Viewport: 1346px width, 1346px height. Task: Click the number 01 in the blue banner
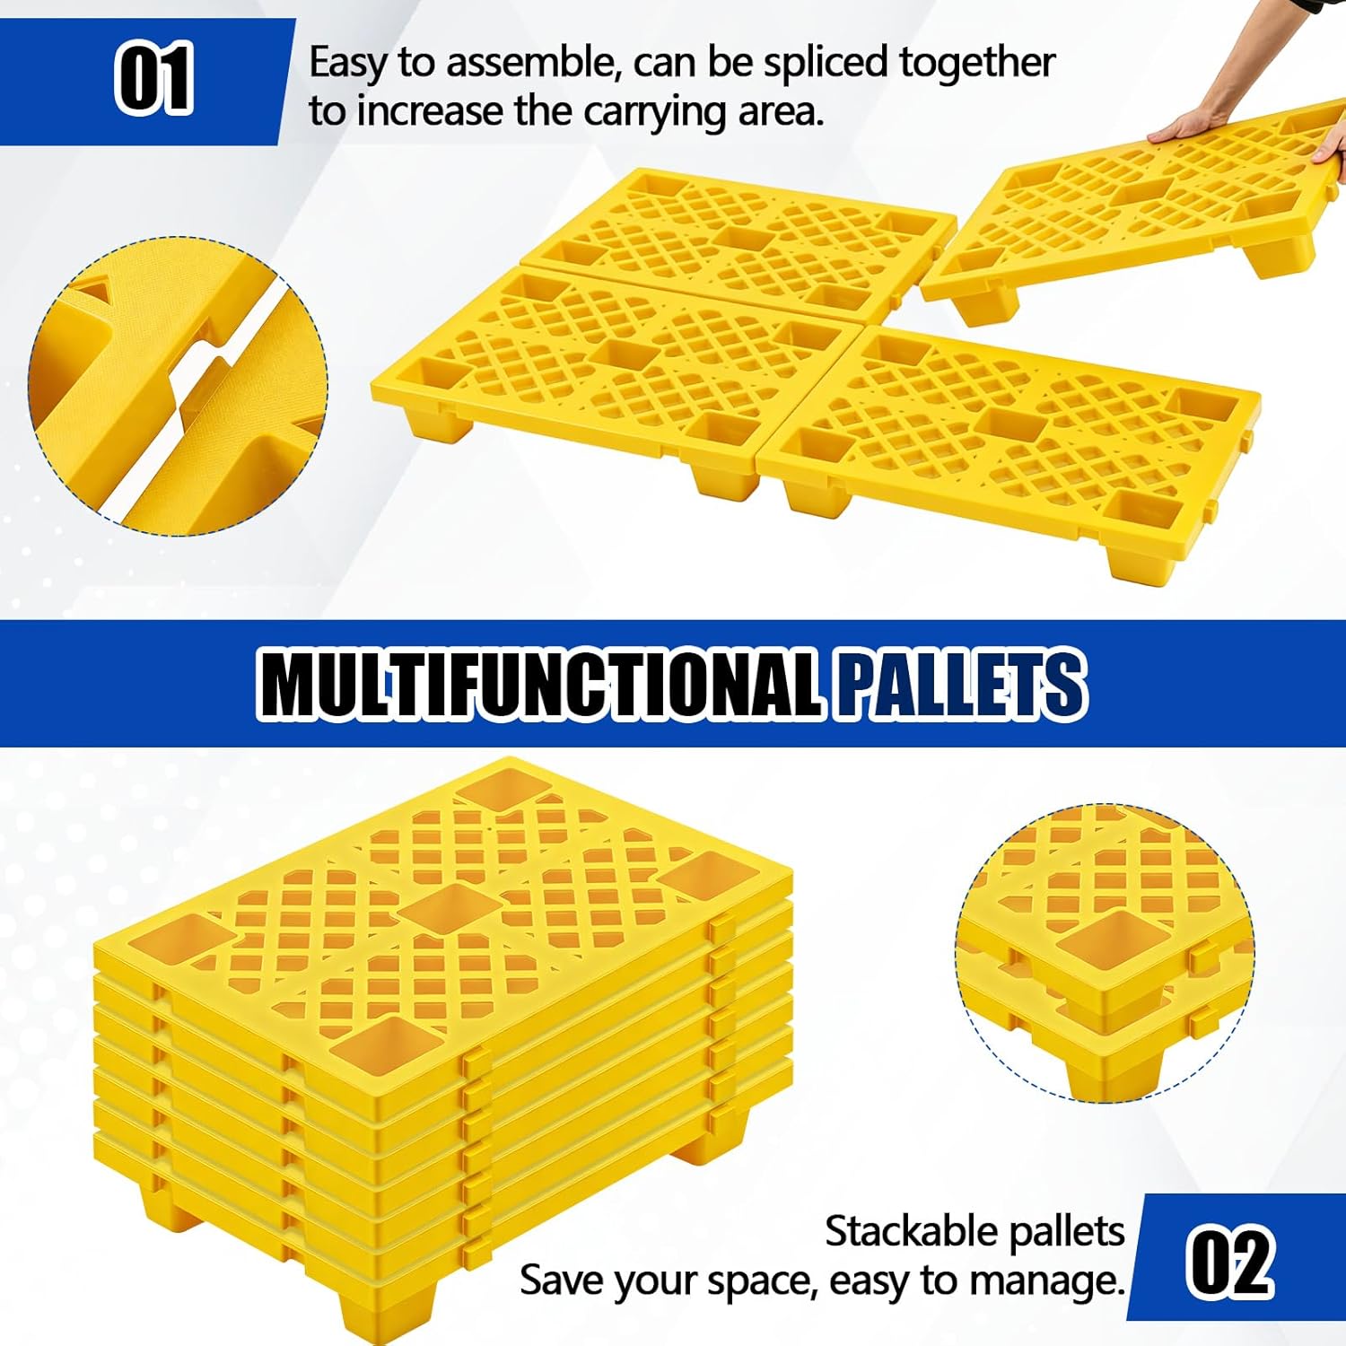pos(153,79)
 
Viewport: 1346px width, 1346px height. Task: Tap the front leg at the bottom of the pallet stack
pos(386,1311)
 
